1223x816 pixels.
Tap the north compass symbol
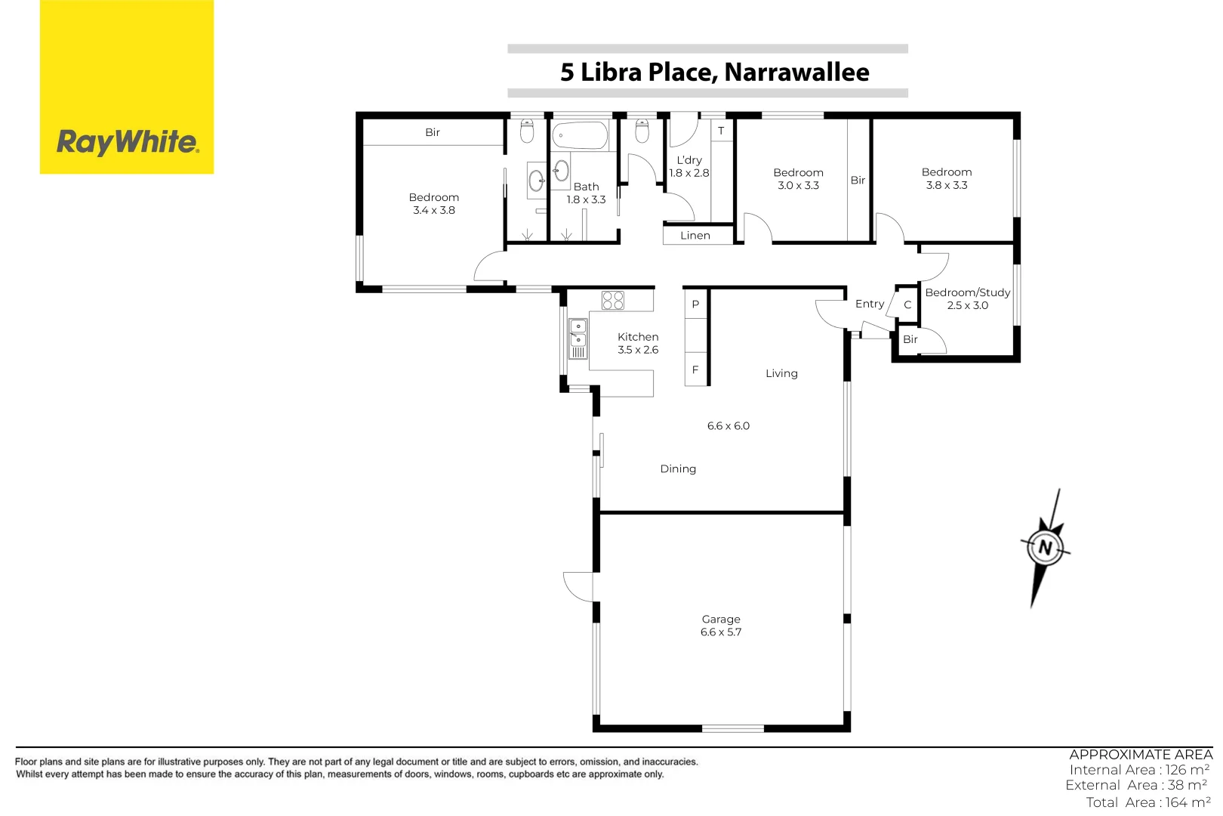point(1046,547)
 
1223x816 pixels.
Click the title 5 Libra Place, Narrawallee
point(714,72)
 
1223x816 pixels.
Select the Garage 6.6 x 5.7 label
point(721,626)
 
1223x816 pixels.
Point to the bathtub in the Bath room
point(580,137)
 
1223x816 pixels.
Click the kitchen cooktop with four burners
point(613,300)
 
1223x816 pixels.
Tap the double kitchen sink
point(578,333)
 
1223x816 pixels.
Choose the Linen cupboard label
point(695,236)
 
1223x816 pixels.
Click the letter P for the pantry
point(695,304)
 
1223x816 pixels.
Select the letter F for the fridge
point(695,370)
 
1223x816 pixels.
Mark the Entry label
point(870,304)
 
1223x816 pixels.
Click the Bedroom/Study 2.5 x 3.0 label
point(967,298)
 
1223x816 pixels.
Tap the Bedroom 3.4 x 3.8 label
point(434,204)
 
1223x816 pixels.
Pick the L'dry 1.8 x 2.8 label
point(689,166)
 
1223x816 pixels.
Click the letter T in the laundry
point(721,131)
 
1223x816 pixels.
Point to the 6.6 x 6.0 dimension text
point(729,426)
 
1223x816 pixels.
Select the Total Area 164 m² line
point(1148,802)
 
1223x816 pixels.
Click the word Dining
point(678,469)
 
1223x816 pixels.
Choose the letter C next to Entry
point(907,305)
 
